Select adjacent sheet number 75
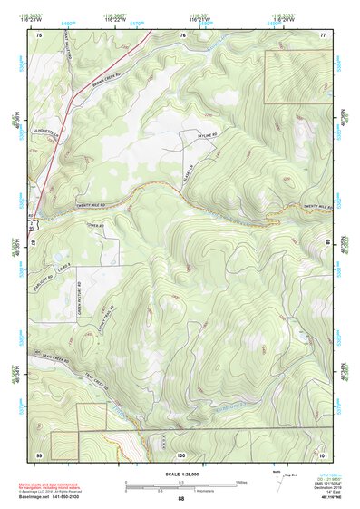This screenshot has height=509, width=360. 38,34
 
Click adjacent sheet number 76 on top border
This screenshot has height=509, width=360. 182,34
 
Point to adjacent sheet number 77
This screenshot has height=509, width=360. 322,34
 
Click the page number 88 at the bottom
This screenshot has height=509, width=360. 180,499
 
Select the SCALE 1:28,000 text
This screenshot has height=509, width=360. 180,475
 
